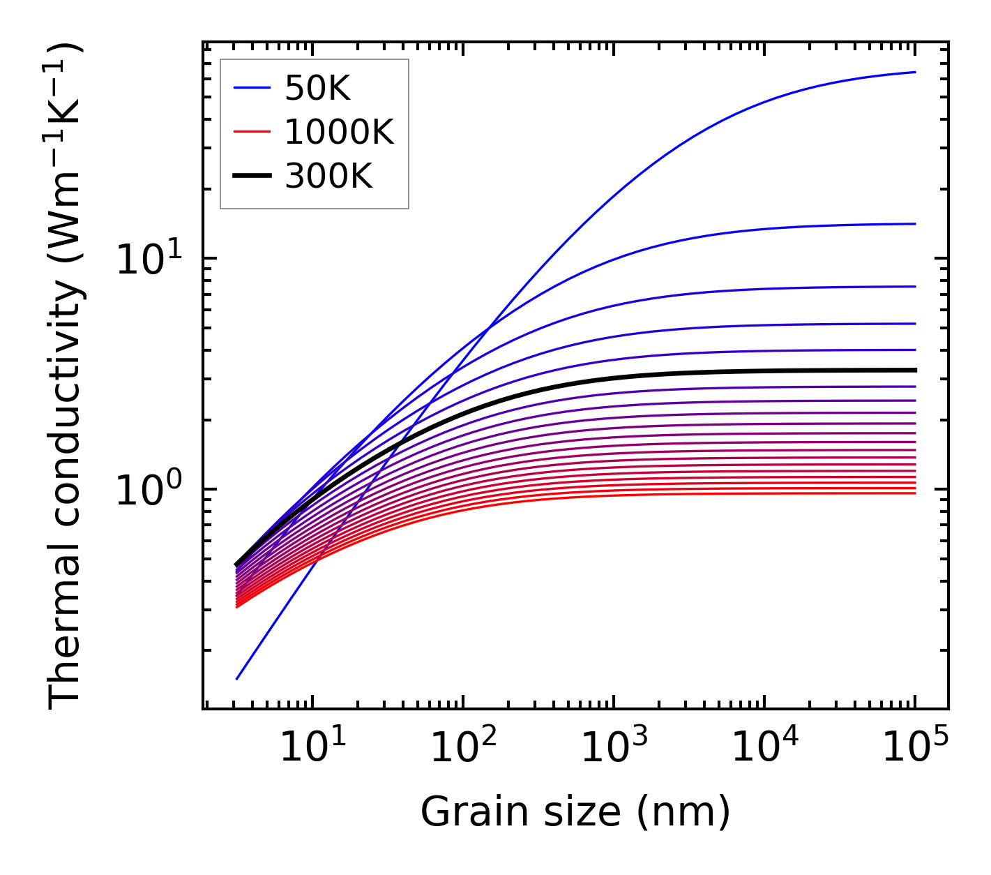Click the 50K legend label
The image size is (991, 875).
[317, 88]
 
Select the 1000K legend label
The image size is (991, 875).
[339, 132]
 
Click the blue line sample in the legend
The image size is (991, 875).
[251, 88]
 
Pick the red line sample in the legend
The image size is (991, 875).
[251, 132]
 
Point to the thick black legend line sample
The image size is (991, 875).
[251, 177]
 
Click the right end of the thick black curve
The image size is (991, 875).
[914, 371]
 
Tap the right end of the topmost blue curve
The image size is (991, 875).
[914, 72]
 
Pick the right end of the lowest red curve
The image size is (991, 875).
[914, 493]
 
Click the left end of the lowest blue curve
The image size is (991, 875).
[238, 678]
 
